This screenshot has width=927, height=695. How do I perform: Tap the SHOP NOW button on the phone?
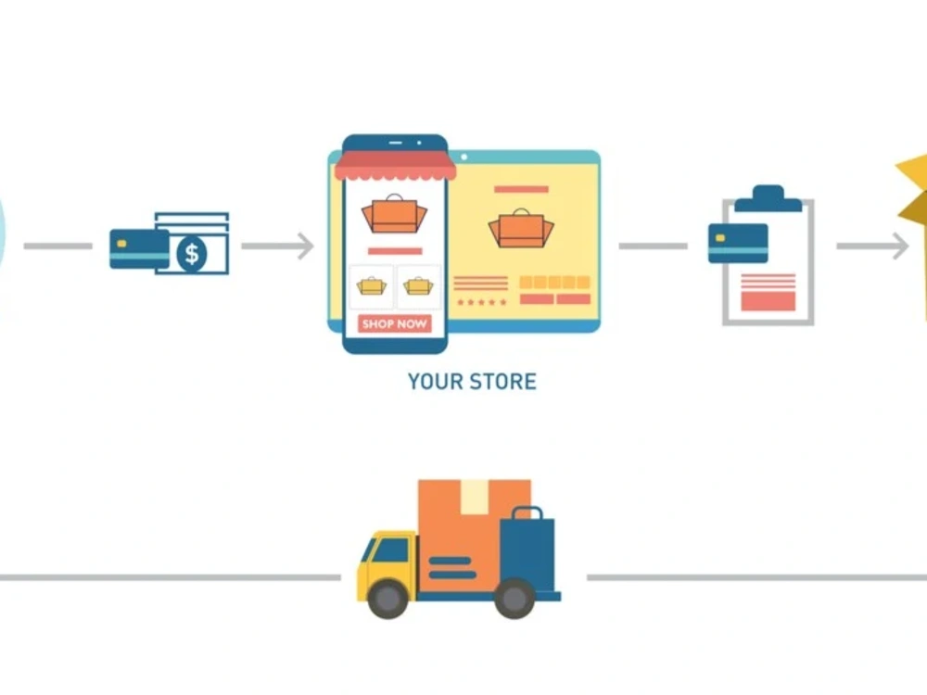pos(394,323)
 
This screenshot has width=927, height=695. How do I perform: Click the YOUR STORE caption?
pos(473,382)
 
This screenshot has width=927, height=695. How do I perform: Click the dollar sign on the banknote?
pos(192,254)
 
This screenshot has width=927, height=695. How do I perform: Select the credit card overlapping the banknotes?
pos(140,249)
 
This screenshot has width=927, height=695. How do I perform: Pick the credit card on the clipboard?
pos(738,243)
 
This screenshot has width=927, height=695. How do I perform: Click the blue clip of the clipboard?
pos(768,198)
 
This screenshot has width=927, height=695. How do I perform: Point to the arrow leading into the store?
pos(277,246)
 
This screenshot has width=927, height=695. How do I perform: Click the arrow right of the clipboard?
pos(872,246)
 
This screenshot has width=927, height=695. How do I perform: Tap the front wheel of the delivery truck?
pos(387,599)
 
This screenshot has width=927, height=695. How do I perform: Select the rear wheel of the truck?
pos(514,599)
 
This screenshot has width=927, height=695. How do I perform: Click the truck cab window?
pos(390,550)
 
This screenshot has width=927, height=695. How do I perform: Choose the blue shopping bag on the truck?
pos(527,550)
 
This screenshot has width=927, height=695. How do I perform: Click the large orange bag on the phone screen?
pos(394,214)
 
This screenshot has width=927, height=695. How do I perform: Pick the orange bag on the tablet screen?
pos(521,228)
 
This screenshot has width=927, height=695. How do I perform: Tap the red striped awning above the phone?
pos(395,166)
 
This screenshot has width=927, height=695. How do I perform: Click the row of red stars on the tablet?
pos(482,302)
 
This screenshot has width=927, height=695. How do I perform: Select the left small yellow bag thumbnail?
pos(372,286)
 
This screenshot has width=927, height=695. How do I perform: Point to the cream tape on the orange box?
pos(474,497)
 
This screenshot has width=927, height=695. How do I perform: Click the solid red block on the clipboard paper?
pos(768,301)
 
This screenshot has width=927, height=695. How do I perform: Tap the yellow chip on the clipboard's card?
pos(720,238)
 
